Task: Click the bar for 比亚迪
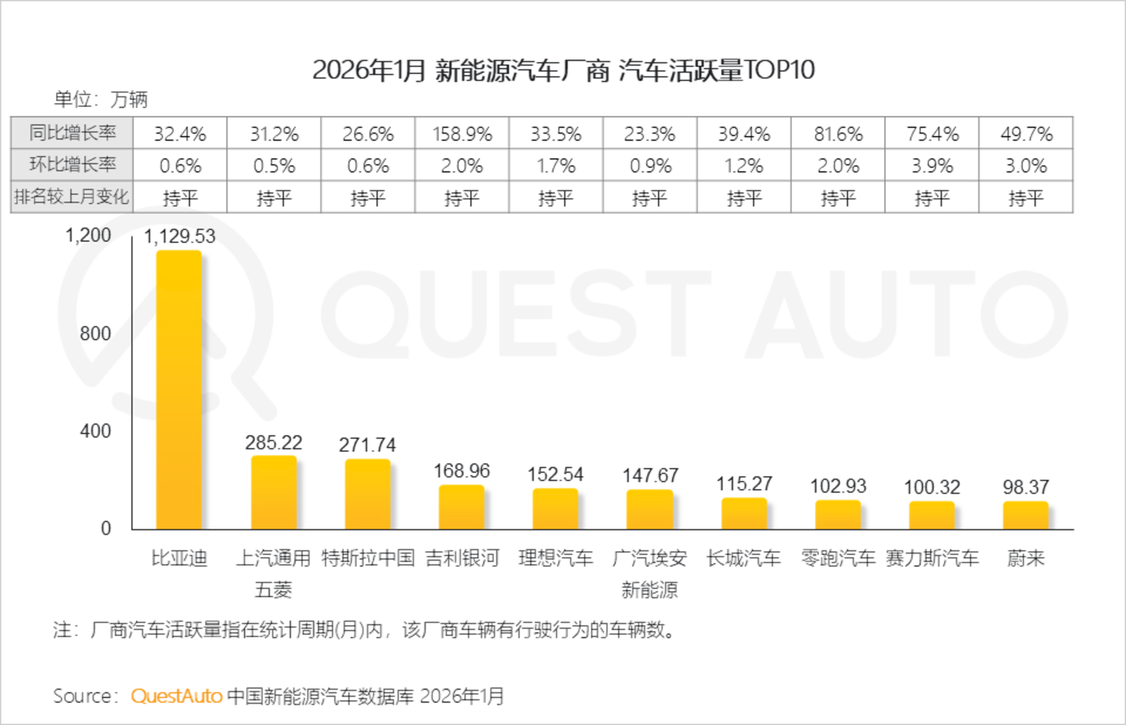[179, 389]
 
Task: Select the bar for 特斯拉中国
[368, 494]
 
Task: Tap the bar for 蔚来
[1025, 515]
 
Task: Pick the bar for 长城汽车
[744, 513]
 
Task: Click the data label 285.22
[274, 443]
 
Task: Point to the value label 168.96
[461, 471]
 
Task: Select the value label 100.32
[932, 487]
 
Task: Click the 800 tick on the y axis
[95, 333]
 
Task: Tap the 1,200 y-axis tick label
[88, 235]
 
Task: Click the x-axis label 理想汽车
[555, 558]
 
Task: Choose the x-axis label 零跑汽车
[838, 558]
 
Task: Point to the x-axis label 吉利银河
[461, 558]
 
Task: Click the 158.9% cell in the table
[462, 135]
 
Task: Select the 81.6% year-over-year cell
[838, 135]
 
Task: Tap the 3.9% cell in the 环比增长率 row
[932, 166]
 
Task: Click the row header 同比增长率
[73, 133]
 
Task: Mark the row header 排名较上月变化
[71, 196]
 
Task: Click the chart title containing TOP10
[563, 70]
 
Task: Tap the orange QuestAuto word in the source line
[177, 696]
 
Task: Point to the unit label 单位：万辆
[101, 99]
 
